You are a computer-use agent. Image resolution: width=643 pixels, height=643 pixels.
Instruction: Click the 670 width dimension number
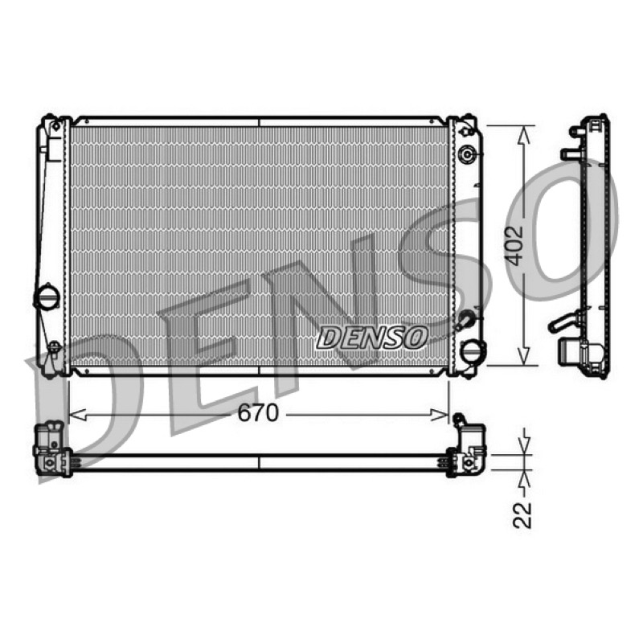[258, 413]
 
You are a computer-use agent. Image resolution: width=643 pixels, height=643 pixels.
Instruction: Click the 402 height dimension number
[514, 246]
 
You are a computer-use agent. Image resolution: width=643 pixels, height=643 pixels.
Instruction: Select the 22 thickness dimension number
[522, 514]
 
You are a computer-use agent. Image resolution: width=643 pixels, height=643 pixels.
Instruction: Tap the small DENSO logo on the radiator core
[372, 338]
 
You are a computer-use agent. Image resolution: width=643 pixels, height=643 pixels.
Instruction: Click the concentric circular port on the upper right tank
[468, 154]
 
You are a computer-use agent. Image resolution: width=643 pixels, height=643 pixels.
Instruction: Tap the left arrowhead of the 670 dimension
[76, 415]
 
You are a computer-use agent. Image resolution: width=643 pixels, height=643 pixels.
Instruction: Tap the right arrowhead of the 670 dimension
[440, 415]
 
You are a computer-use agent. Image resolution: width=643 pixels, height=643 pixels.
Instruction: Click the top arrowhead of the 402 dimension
[523, 135]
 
